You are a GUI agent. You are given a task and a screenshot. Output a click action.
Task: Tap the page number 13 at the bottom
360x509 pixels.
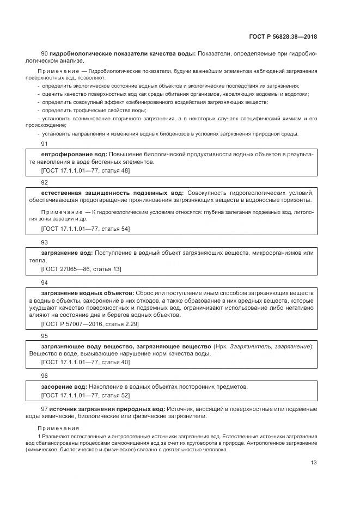314,463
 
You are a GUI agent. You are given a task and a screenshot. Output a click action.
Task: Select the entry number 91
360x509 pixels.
45,144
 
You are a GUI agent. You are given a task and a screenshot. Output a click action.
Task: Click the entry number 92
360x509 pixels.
45,182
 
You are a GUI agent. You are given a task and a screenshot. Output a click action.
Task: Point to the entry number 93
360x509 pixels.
45,242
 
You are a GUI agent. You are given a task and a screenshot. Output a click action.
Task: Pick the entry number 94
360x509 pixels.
45,283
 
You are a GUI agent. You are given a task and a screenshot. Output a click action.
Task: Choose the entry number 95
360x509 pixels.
45,336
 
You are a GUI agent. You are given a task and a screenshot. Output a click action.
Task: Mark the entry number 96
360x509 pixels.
45,376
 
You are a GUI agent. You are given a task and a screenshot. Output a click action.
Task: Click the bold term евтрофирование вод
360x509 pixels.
74,155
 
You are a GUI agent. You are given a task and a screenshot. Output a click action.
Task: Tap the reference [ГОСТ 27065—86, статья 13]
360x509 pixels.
81,269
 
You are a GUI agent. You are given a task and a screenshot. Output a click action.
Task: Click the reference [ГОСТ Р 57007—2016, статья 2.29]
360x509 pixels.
90,324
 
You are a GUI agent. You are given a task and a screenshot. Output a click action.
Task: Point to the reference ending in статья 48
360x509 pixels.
86,170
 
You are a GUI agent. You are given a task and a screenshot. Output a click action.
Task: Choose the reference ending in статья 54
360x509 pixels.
86,229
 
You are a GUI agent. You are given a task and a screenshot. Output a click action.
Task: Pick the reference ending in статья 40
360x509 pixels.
86,362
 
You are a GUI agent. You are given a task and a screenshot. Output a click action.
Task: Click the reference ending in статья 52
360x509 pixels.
86,395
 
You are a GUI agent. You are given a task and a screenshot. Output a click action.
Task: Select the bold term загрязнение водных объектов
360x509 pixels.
87,293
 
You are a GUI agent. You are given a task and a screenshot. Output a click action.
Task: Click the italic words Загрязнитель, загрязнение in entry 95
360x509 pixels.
270,346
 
